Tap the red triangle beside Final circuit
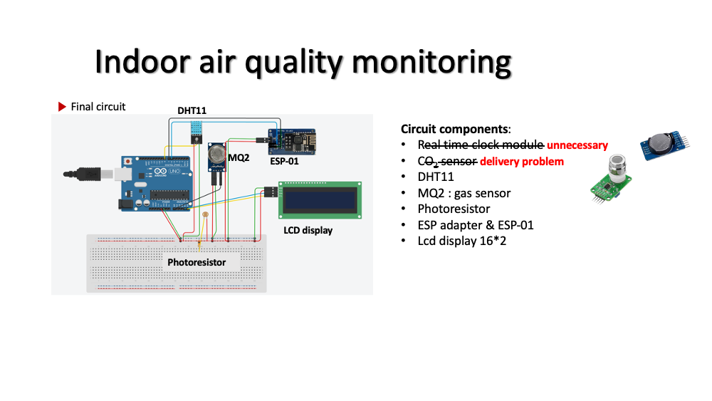[62, 107]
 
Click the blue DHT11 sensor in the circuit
[196, 130]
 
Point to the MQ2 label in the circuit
[239, 157]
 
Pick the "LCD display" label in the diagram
[303, 230]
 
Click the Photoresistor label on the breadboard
[197, 262]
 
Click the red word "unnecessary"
[577, 145]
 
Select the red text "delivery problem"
[522, 161]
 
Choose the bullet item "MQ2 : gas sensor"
[464, 193]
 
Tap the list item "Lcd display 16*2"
[462, 241]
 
